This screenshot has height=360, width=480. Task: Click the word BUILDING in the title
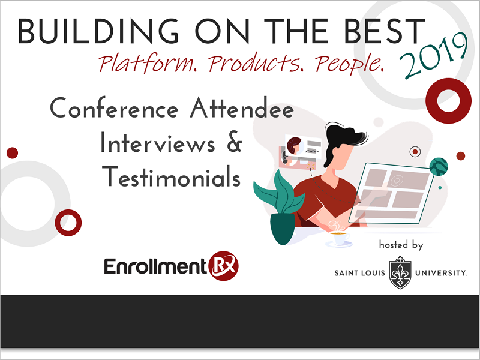(x=98, y=32)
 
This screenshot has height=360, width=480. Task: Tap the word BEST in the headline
(x=385, y=32)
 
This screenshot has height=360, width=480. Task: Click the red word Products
(x=256, y=63)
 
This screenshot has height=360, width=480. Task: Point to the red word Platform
(x=148, y=63)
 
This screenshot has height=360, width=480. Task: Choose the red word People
(x=349, y=64)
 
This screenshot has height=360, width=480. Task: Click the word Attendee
(x=242, y=108)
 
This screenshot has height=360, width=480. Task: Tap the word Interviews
(x=158, y=142)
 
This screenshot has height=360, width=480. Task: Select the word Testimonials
(x=172, y=176)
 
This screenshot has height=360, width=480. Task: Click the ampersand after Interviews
(x=235, y=142)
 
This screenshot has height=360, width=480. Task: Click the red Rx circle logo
(x=223, y=266)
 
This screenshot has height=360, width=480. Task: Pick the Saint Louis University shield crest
(x=400, y=273)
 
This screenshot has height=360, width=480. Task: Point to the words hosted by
(x=401, y=245)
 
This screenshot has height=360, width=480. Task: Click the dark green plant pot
(x=283, y=229)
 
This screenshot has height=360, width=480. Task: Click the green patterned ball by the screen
(x=439, y=167)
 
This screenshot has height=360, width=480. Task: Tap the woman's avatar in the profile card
(x=294, y=146)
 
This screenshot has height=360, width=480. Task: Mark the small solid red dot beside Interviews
(x=12, y=153)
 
